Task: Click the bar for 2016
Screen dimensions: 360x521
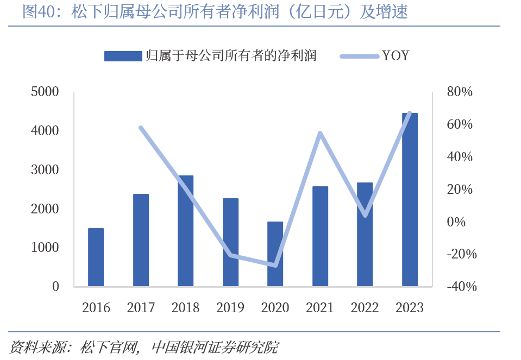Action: click(96, 257)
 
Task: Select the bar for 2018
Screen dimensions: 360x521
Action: click(186, 231)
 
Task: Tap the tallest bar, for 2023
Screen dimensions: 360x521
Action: click(410, 199)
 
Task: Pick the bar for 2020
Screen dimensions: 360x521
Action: click(275, 254)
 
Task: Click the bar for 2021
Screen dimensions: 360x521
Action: click(320, 236)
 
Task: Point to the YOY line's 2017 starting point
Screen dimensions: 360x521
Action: click(141, 128)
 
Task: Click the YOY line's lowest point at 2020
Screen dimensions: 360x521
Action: click(275, 266)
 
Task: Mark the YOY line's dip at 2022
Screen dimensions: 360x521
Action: click(365, 216)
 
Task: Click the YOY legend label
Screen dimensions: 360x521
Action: click(396, 55)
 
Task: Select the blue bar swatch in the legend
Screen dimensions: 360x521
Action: click(123, 56)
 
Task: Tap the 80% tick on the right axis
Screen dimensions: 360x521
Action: click(460, 92)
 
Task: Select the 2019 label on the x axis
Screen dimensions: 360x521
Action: click(230, 308)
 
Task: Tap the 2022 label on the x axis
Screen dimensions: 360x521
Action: click(365, 308)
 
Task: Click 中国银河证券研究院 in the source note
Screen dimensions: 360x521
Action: click(215, 346)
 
